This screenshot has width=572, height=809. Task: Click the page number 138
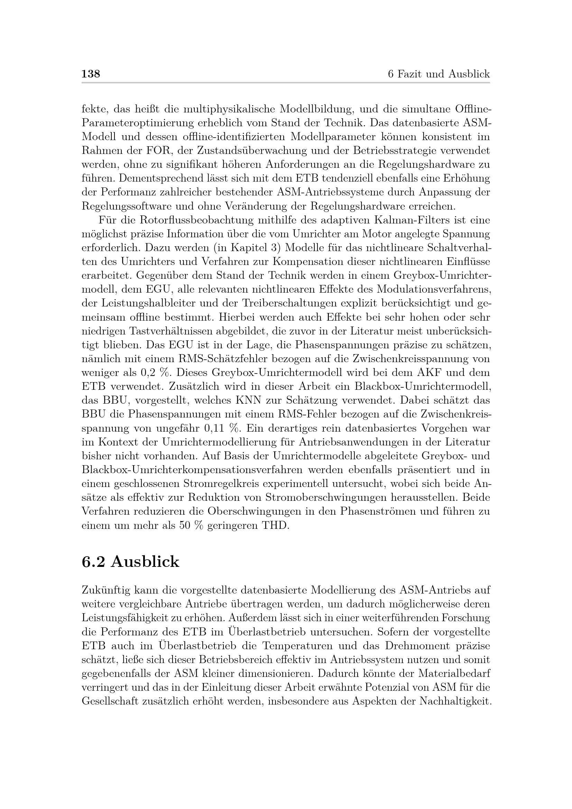(x=91, y=74)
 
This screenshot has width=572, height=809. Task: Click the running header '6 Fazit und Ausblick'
(x=439, y=74)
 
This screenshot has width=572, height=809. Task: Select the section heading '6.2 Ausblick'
(x=130, y=562)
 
